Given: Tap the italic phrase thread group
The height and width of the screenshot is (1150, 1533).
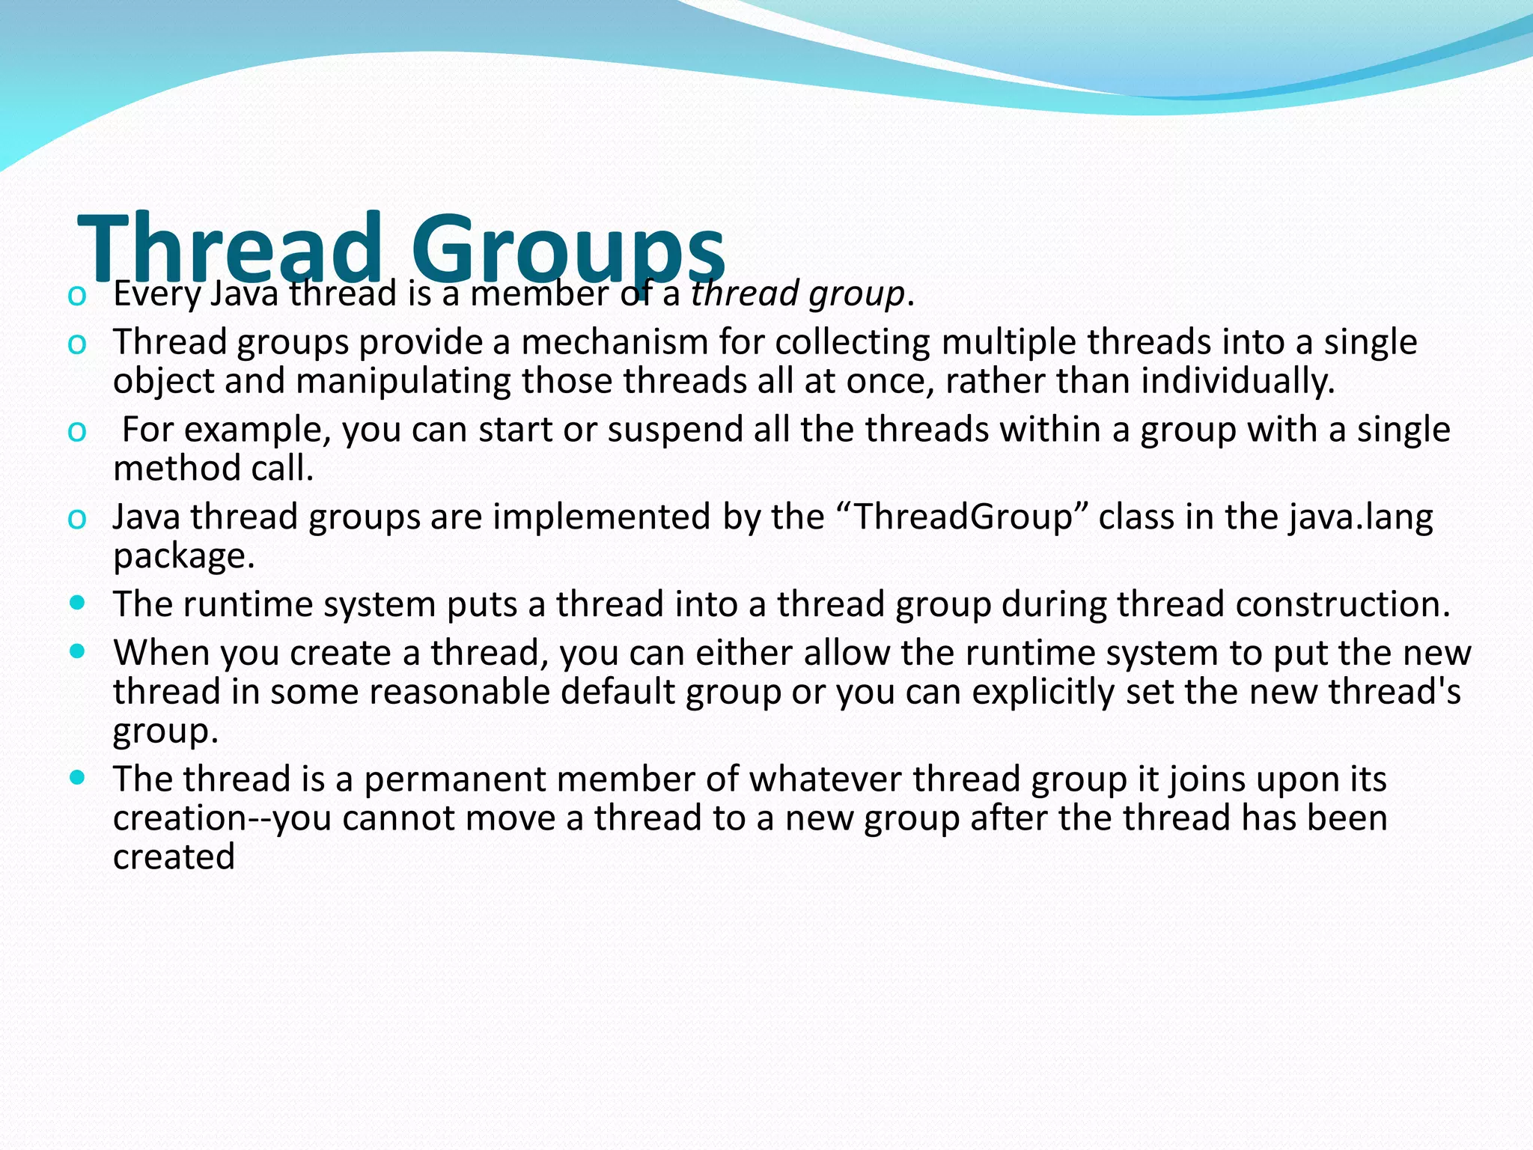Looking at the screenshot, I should click(797, 293).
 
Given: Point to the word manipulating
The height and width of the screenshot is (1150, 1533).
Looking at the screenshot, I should click(403, 381).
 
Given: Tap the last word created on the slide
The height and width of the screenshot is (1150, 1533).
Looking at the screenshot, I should click(174, 857).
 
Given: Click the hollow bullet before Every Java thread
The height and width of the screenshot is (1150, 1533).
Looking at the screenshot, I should click(76, 295).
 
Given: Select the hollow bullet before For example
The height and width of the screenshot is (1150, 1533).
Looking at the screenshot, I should click(76, 431).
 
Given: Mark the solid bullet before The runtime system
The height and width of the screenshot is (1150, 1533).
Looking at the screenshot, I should click(76, 601).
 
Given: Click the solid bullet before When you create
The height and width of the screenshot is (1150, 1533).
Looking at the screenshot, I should click(76, 651).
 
